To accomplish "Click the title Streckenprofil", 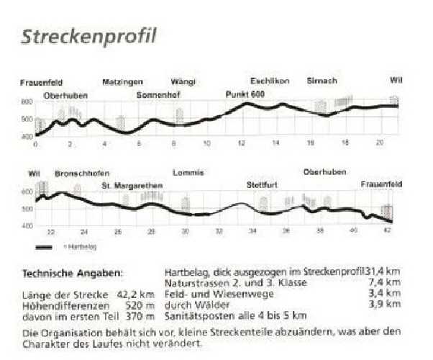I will coord(88,36).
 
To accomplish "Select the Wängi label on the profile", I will coord(183,82).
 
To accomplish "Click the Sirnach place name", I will coord(322,81).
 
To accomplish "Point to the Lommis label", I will coord(188,173).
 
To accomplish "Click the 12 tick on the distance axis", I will coord(242,144).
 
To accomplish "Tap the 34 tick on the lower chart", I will coord(252,231).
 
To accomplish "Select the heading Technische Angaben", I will coord(73,274).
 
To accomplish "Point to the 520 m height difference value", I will coord(141,305).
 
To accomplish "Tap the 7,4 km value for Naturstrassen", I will coord(385,283).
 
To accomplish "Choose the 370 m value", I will coord(141,315).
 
